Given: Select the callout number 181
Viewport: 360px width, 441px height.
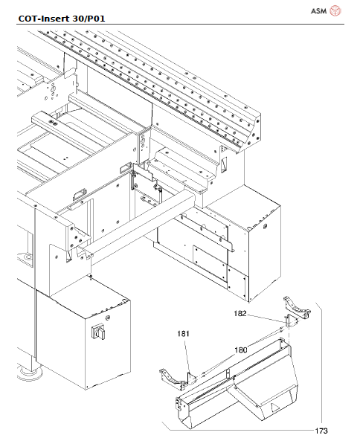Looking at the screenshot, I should [184, 334].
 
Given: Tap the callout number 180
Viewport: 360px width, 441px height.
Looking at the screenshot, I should [241, 349].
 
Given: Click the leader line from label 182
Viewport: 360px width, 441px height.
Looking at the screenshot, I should [264, 318].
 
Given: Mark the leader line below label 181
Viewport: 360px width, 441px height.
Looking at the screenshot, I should [187, 353].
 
